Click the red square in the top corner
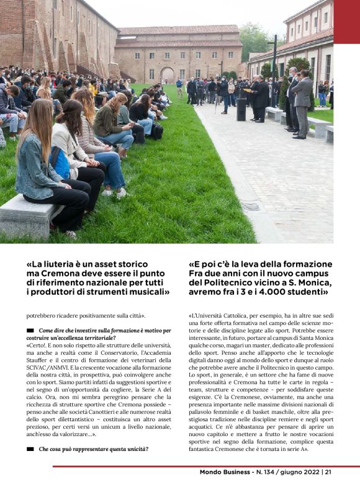[346, 21]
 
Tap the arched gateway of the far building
[167, 75]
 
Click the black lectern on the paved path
[241, 109]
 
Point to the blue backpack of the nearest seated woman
[60, 163]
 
